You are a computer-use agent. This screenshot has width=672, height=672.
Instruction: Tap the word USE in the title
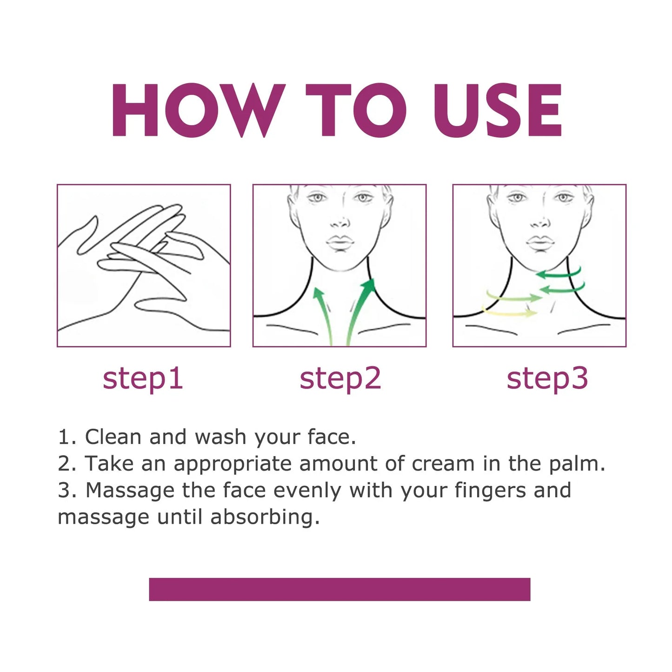coord(498,110)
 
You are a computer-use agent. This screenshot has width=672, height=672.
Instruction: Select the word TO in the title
coord(356,110)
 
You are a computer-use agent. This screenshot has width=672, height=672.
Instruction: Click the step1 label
coord(143,378)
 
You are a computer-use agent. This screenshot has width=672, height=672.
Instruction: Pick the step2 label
coord(340,378)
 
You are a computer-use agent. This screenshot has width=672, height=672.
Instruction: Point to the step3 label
coord(547,378)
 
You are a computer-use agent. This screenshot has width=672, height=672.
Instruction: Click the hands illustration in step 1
coord(144,266)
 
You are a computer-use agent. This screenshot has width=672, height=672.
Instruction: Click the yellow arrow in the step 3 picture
coord(509,313)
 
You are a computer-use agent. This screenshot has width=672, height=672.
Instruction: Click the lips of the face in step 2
coord(340,242)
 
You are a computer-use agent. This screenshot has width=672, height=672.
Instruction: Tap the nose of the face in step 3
coord(539,222)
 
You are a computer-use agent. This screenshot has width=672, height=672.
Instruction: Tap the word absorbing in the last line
coord(265,518)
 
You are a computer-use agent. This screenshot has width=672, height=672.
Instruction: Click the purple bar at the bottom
coord(339,589)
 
